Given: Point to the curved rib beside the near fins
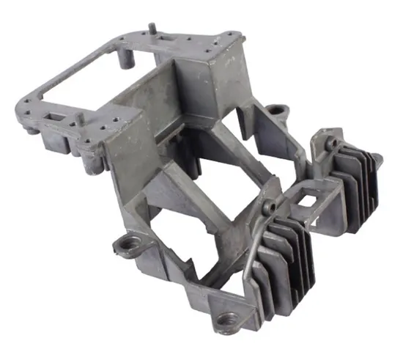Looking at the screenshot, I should click(x=251, y=258).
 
